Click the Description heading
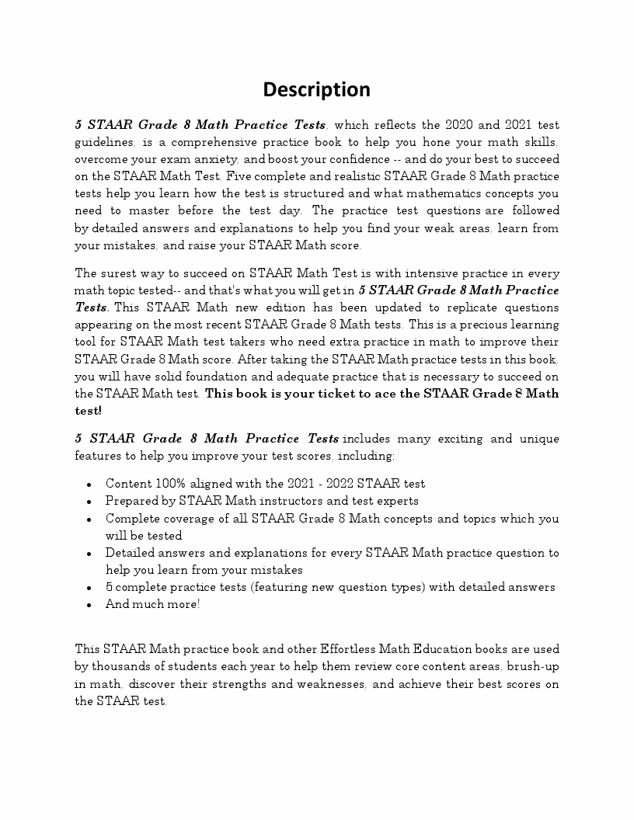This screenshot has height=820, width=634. click(316, 89)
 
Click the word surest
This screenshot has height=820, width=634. click(119, 273)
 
